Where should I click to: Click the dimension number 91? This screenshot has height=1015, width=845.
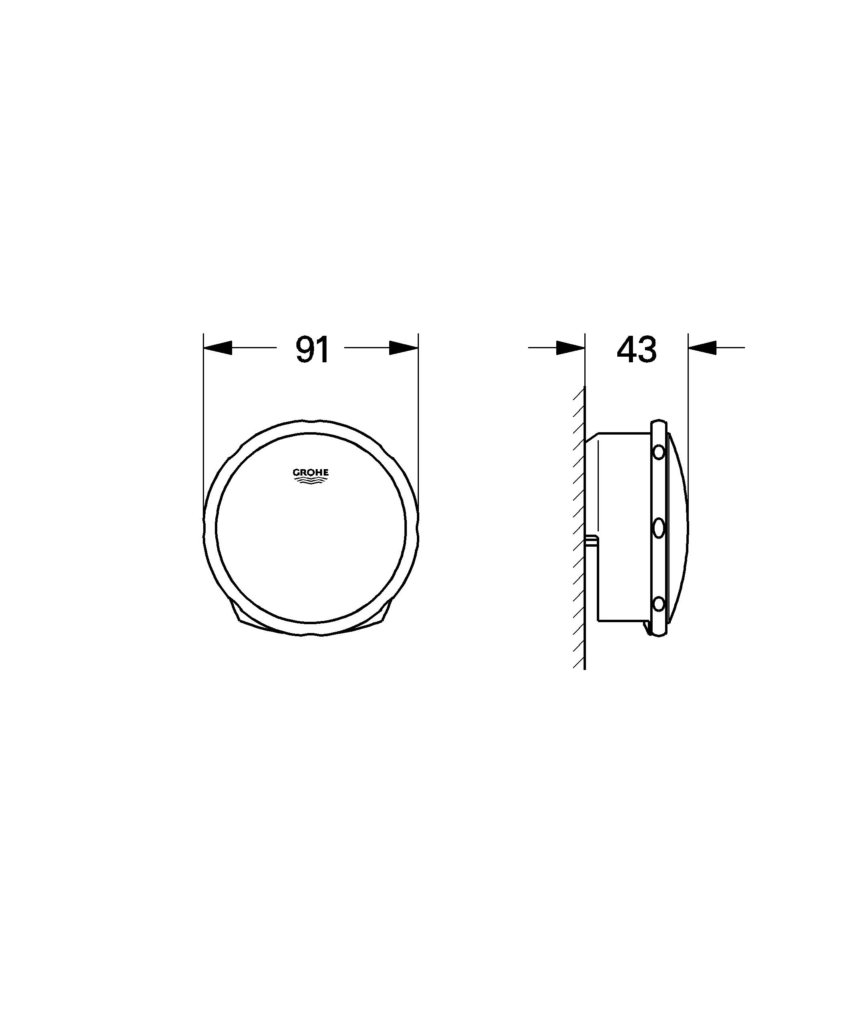coord(312,350)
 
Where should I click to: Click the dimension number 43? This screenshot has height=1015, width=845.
coord(637,350)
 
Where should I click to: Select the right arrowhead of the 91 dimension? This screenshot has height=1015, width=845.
coord(404,347)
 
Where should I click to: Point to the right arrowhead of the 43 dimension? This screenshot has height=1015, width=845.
coord(702,347)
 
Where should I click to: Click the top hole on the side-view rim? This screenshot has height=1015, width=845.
coord(658,452)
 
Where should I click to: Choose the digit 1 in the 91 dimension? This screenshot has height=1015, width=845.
coord(323,350)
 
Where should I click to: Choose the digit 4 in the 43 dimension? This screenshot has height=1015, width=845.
coord(626,350)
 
